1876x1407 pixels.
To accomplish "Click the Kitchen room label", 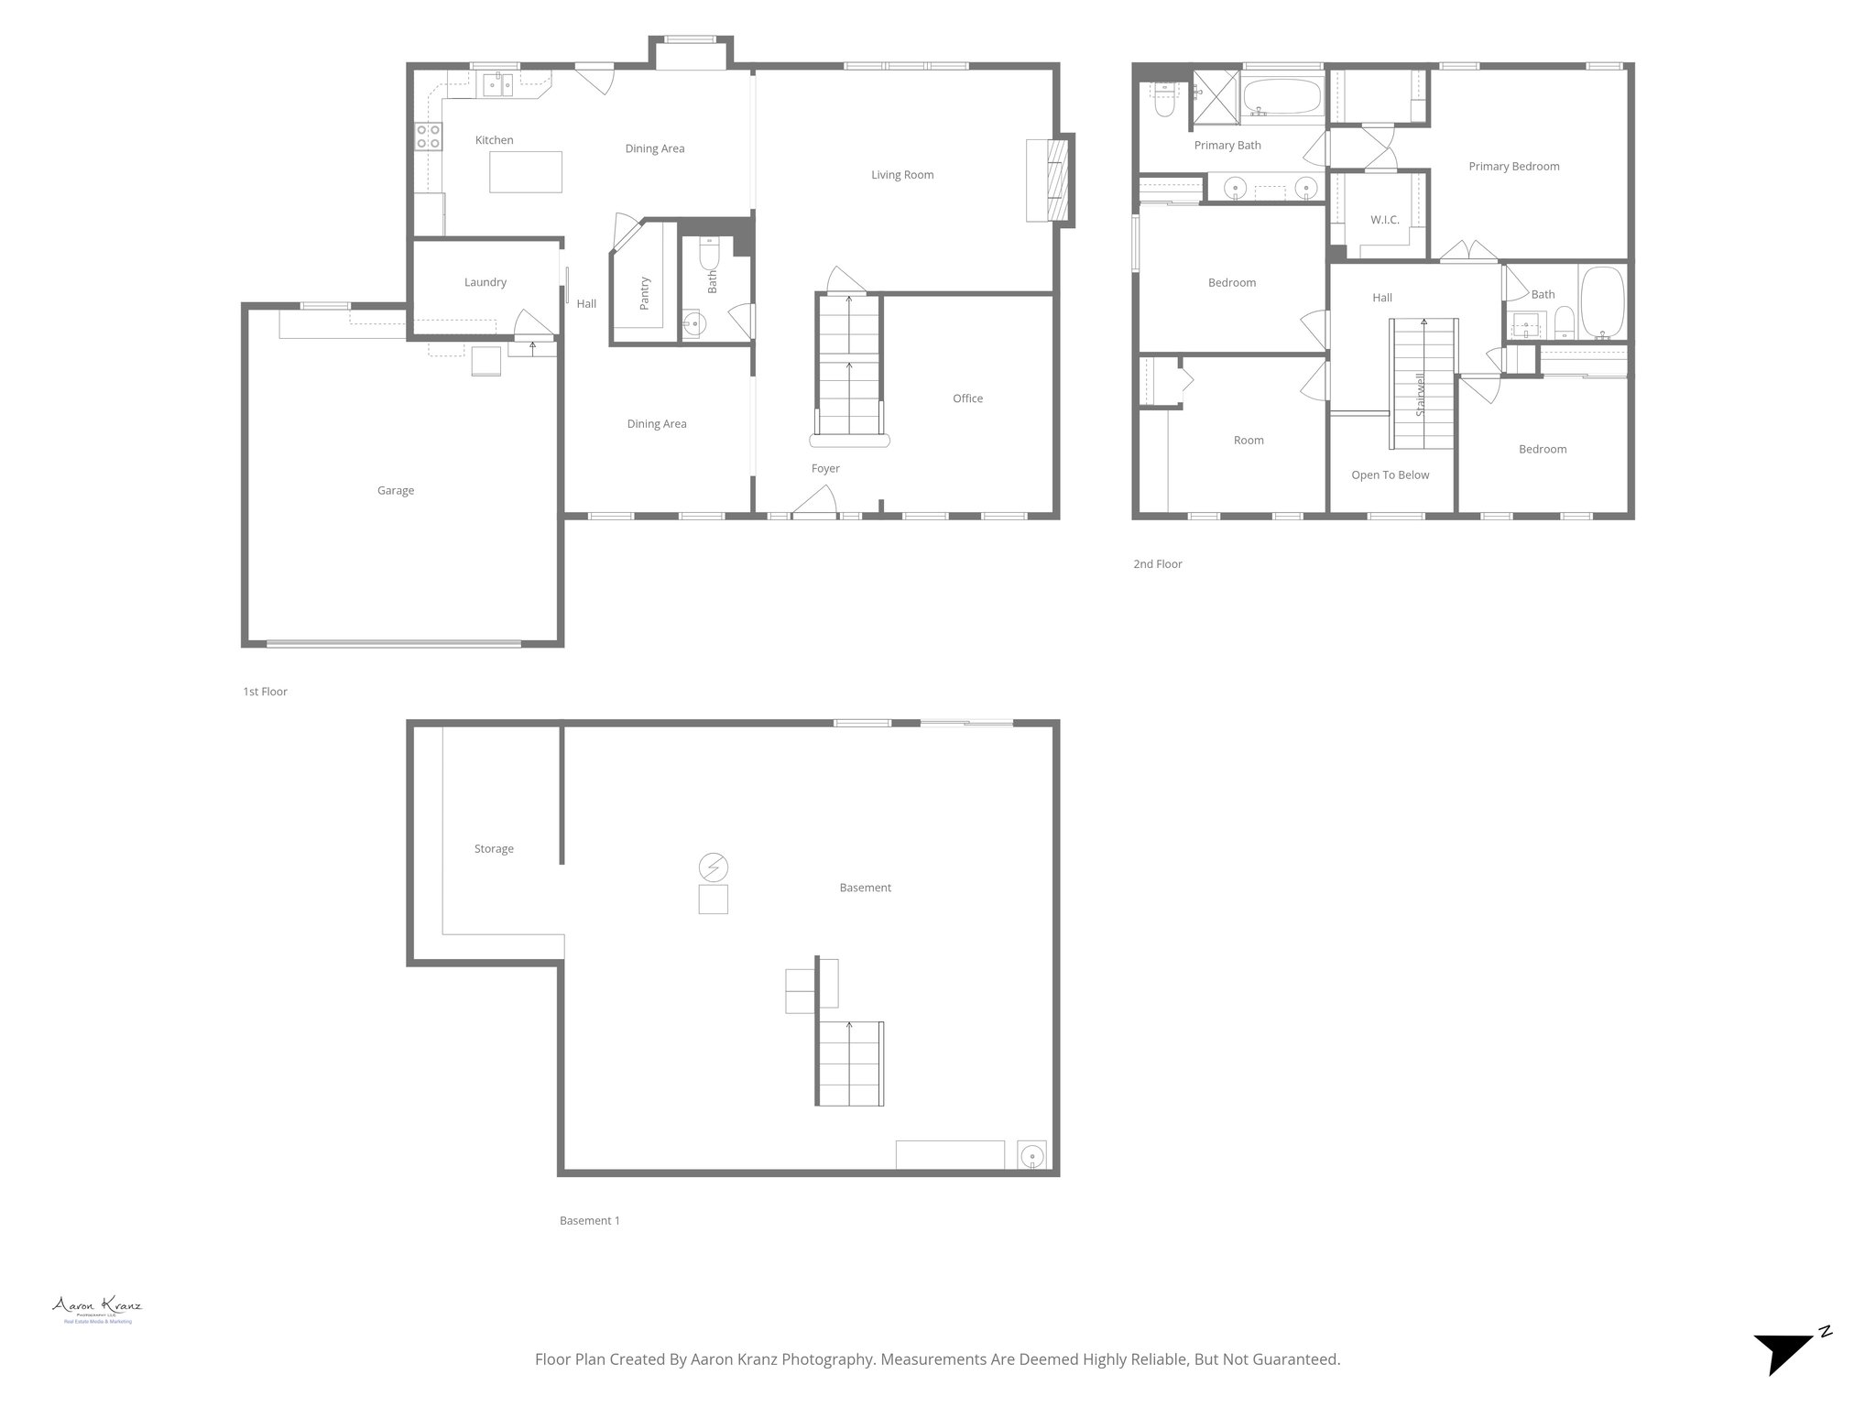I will coord(494,140).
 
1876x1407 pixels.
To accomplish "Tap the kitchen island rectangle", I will coord(525,172).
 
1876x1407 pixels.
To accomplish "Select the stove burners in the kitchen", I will coord(428,136).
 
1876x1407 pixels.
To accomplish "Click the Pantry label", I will coord(644,293).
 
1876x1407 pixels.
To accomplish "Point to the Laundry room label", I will coord(485,282).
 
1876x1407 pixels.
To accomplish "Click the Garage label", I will coord(396,491).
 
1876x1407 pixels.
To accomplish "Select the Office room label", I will coord(967,398).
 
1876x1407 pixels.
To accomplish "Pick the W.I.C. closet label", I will coord(1384,220).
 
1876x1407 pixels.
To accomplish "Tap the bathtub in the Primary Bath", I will coord(1282,96).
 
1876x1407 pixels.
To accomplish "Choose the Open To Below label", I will coord(1390,474).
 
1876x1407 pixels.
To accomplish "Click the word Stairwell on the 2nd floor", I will coord(1421,395).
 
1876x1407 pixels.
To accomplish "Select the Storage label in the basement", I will coord(494,849).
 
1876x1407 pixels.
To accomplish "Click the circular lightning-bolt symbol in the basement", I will coord(713,867).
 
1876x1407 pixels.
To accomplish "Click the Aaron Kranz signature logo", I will coord(97,1308).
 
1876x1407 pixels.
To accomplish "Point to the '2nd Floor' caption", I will coord(1157,564).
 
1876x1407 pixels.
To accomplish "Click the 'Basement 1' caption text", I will coord(589,1220).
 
